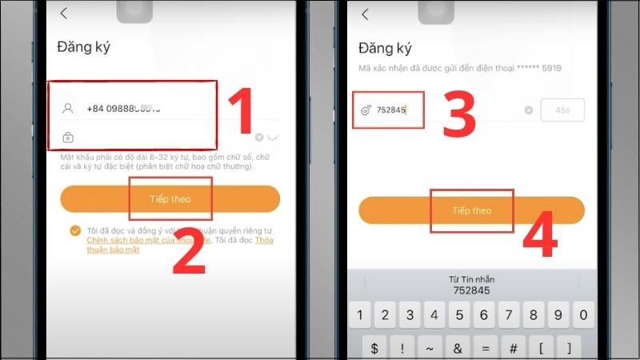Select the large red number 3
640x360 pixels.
[450, 112]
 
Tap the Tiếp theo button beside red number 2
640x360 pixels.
[170, 198]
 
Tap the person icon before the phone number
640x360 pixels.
[68, 108]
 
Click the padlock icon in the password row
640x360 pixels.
[68, 138]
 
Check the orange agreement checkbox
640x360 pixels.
[74, 230]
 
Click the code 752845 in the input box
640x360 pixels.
[391, 110]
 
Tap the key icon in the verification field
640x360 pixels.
[366, 110]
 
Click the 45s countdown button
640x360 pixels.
[562, 110]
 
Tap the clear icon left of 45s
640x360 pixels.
[528, 110]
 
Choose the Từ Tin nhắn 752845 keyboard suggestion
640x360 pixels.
[471, 285]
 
